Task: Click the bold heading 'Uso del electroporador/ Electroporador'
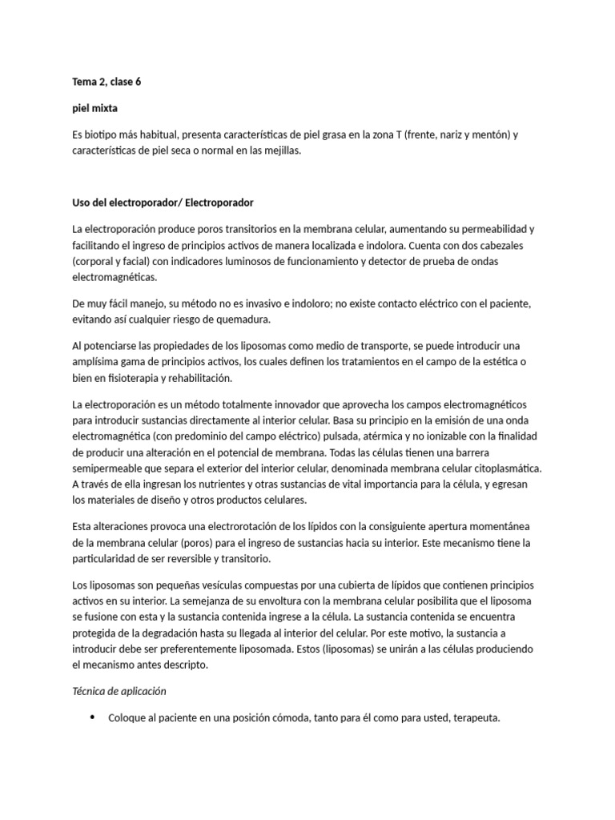point(163,202)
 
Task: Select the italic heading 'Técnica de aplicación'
point(119,690)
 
